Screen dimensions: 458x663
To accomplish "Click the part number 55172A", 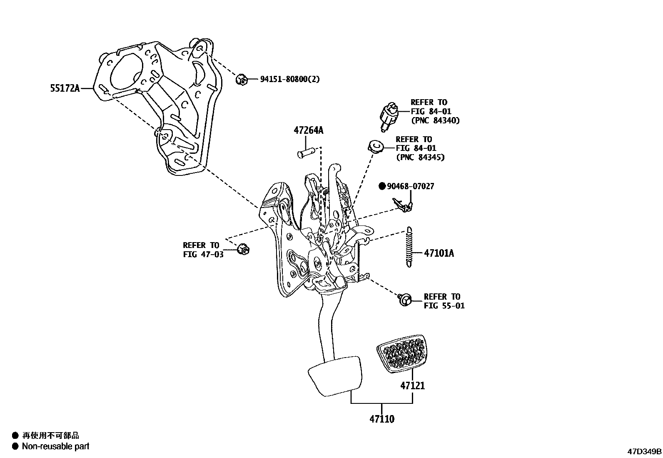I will tap(65, 88).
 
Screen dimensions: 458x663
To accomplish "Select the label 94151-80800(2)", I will tap(290, 79).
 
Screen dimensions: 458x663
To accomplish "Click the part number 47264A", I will tap(308, 130).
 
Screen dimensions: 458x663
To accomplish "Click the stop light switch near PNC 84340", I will tap(388, 115).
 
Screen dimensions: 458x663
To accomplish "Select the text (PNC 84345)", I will tap(420, 157).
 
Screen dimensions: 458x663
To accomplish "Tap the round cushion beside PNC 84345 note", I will tap(375, 146).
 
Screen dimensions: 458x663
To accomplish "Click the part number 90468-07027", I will tap(410, 186).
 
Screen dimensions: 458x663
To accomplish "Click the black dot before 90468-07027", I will tap(382, 186).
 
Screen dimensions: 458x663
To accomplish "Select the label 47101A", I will tap(439, 253).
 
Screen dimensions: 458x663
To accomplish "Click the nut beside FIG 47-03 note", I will tap(243, 250).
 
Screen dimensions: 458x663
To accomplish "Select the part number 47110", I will tap(382, 419).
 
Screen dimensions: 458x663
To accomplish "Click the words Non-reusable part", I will tap(55, 446).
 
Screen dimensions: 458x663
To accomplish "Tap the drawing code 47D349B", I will tap(644, 451).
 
